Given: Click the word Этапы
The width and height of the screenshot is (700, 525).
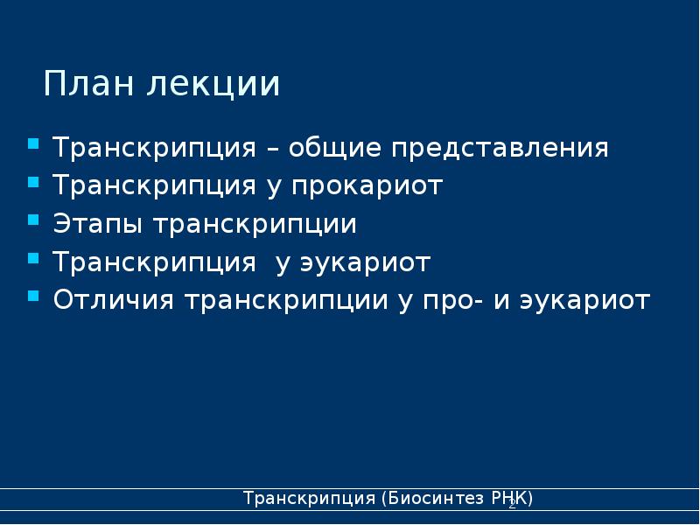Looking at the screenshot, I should [99, 225].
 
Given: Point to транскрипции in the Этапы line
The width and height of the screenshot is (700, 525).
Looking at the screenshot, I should [255, 225].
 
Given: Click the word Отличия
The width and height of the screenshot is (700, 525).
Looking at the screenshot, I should [114, 302].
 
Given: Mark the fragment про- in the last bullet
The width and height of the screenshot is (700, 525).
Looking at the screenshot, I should [446, 302].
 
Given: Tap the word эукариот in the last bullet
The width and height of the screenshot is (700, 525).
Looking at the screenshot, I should [584, 302].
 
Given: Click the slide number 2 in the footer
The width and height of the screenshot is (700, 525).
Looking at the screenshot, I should [512, 506].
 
